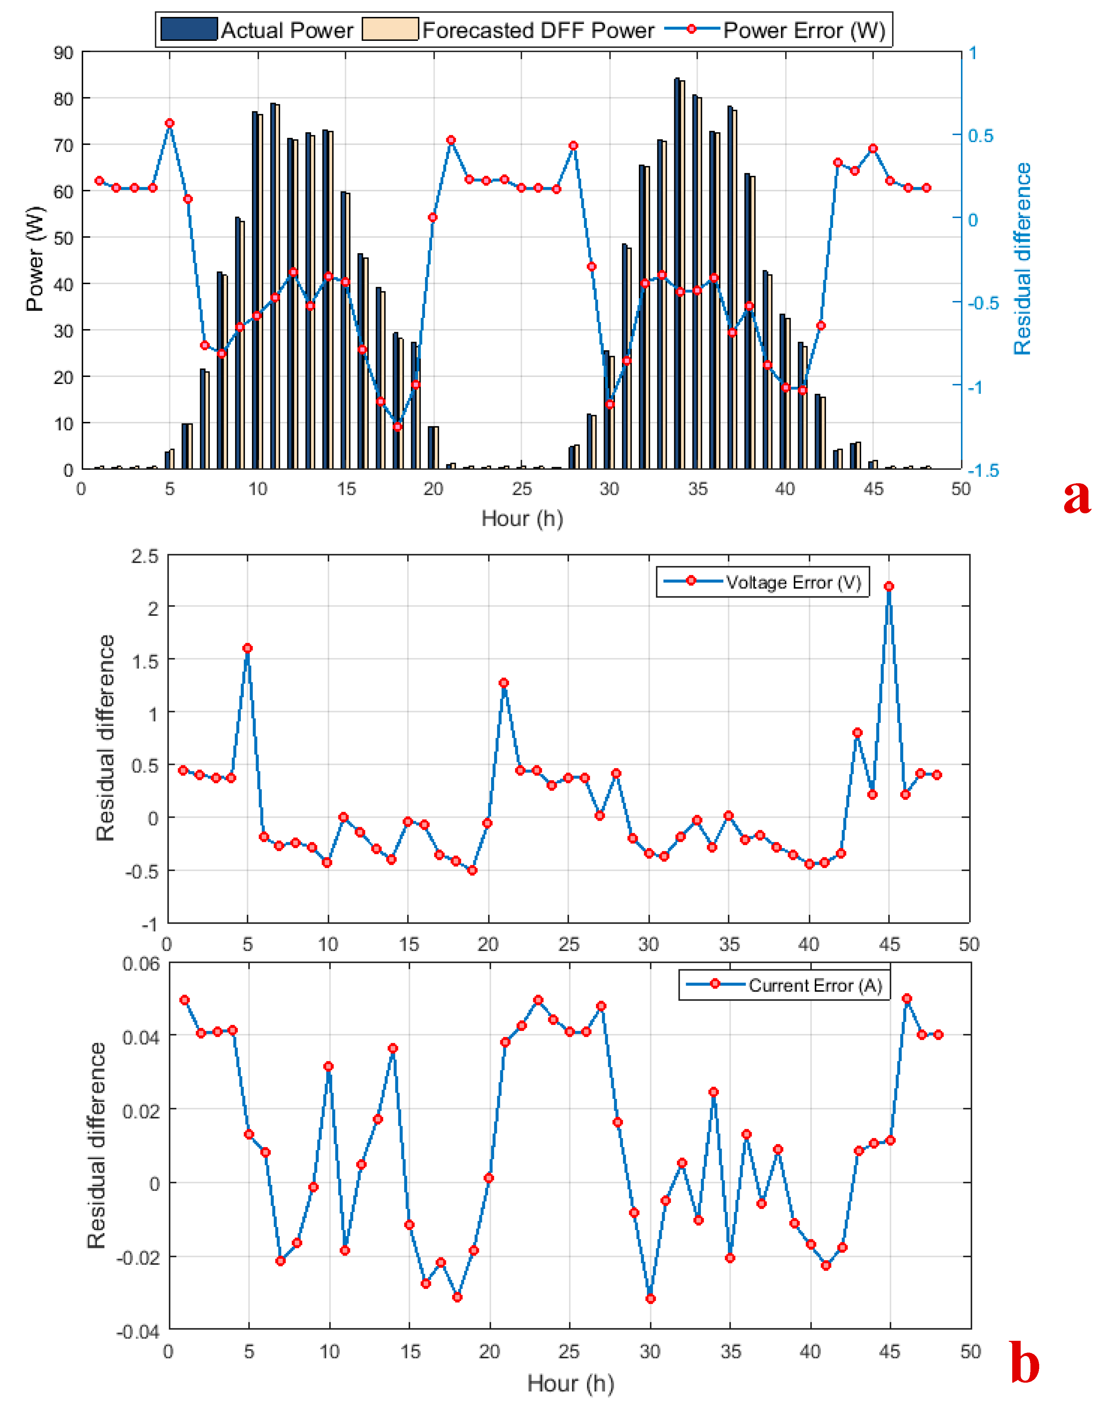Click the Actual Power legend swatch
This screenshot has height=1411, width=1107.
pos(189,30)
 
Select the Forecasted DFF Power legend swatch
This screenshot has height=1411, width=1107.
pos(390,30)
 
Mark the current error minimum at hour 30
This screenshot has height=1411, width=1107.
pos(650,1299)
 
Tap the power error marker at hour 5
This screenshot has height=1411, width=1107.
pos(170,123)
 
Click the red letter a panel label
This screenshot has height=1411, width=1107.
pos(1077,497)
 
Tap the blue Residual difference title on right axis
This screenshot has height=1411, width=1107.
pos(1022,260)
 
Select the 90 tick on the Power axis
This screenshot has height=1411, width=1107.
pos(63,53)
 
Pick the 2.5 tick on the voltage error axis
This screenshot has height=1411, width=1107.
pos(145,557)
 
